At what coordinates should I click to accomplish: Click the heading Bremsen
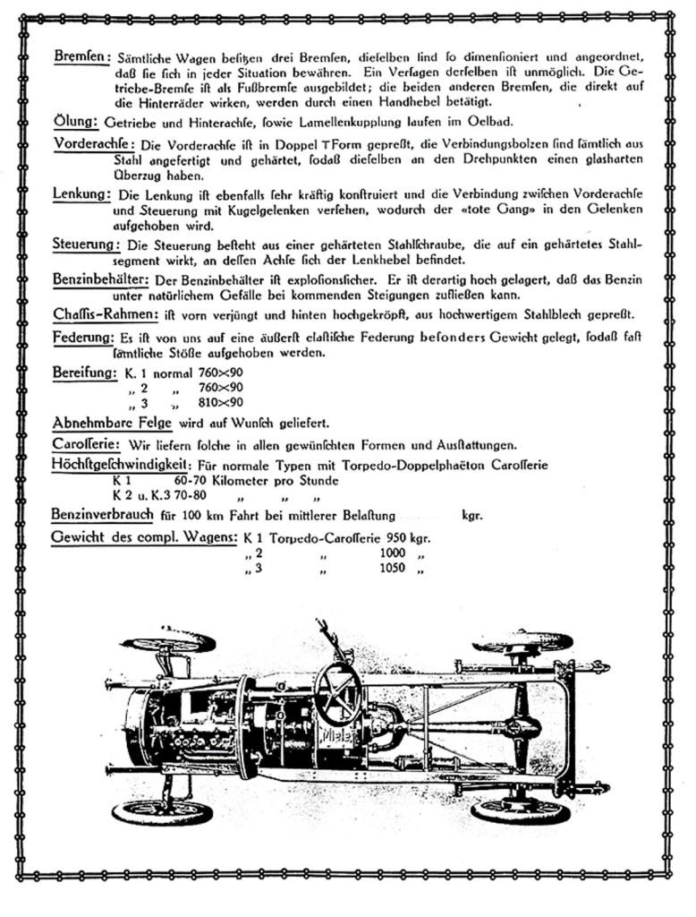(81, 56)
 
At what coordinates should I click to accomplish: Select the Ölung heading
(75, 120)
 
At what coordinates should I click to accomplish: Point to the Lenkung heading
(81, 194)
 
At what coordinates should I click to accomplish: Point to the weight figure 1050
(395, 568)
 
